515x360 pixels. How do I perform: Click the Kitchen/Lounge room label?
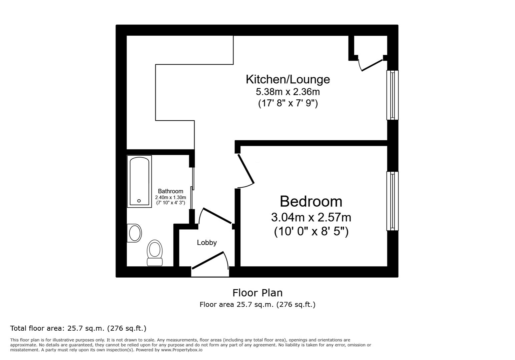tap(288, 79)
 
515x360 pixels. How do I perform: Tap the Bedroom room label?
tap(311, 201)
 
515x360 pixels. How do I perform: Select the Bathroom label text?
tap(170, 191)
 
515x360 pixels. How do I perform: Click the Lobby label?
tap(206, 243)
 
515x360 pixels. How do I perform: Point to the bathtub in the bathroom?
tap(139, 181)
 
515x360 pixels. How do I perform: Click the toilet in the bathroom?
tap(154, 253)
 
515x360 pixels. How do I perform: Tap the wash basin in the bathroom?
tap(134, 233)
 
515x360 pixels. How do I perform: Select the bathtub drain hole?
tap(139, 201)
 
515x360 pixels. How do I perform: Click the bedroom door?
tap(246, 169)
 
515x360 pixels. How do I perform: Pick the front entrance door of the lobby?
tap(208, 260)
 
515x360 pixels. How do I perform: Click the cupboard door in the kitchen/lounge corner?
tap(372, 65)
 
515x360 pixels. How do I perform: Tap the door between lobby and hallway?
tap(217, 216)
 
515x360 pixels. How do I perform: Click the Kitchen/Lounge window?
tap(392, 95)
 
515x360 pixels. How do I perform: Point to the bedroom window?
tap(392, 201)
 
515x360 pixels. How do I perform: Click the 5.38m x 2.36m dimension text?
tap(288, 91)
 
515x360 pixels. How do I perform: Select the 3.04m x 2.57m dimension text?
tap(311, 217)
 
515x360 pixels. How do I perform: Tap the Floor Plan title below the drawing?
tap(257, 293)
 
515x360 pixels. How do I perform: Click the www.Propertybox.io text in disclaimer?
tap(181, 350)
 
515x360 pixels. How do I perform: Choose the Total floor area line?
tap(78, 328)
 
